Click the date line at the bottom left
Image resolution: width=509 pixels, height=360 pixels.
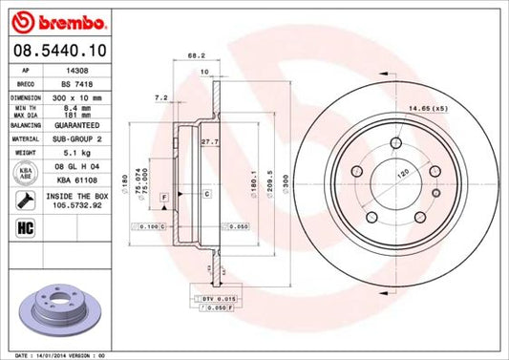[x=55, y=353]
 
